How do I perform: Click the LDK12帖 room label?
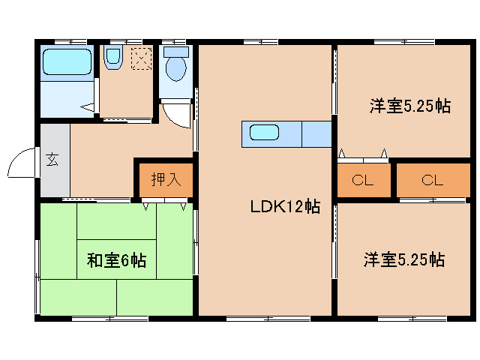(x=285, y=207)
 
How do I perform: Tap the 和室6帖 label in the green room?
(x=116, y=261)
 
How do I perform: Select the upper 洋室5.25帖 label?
(x=409, y=106)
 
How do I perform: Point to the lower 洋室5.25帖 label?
(x=404, y=260)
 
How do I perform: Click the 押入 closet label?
(x=165, y=179)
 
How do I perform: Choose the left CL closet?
(x=364, y=180)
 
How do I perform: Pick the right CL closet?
(x=432, y=180)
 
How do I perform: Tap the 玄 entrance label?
(x=53, y=160)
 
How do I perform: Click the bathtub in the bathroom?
(x=67, y=61)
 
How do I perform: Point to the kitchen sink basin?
(x=264, y=133)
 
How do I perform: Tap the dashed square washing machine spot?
(x=141, y=58)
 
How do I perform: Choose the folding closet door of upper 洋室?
(x=363, y=157)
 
